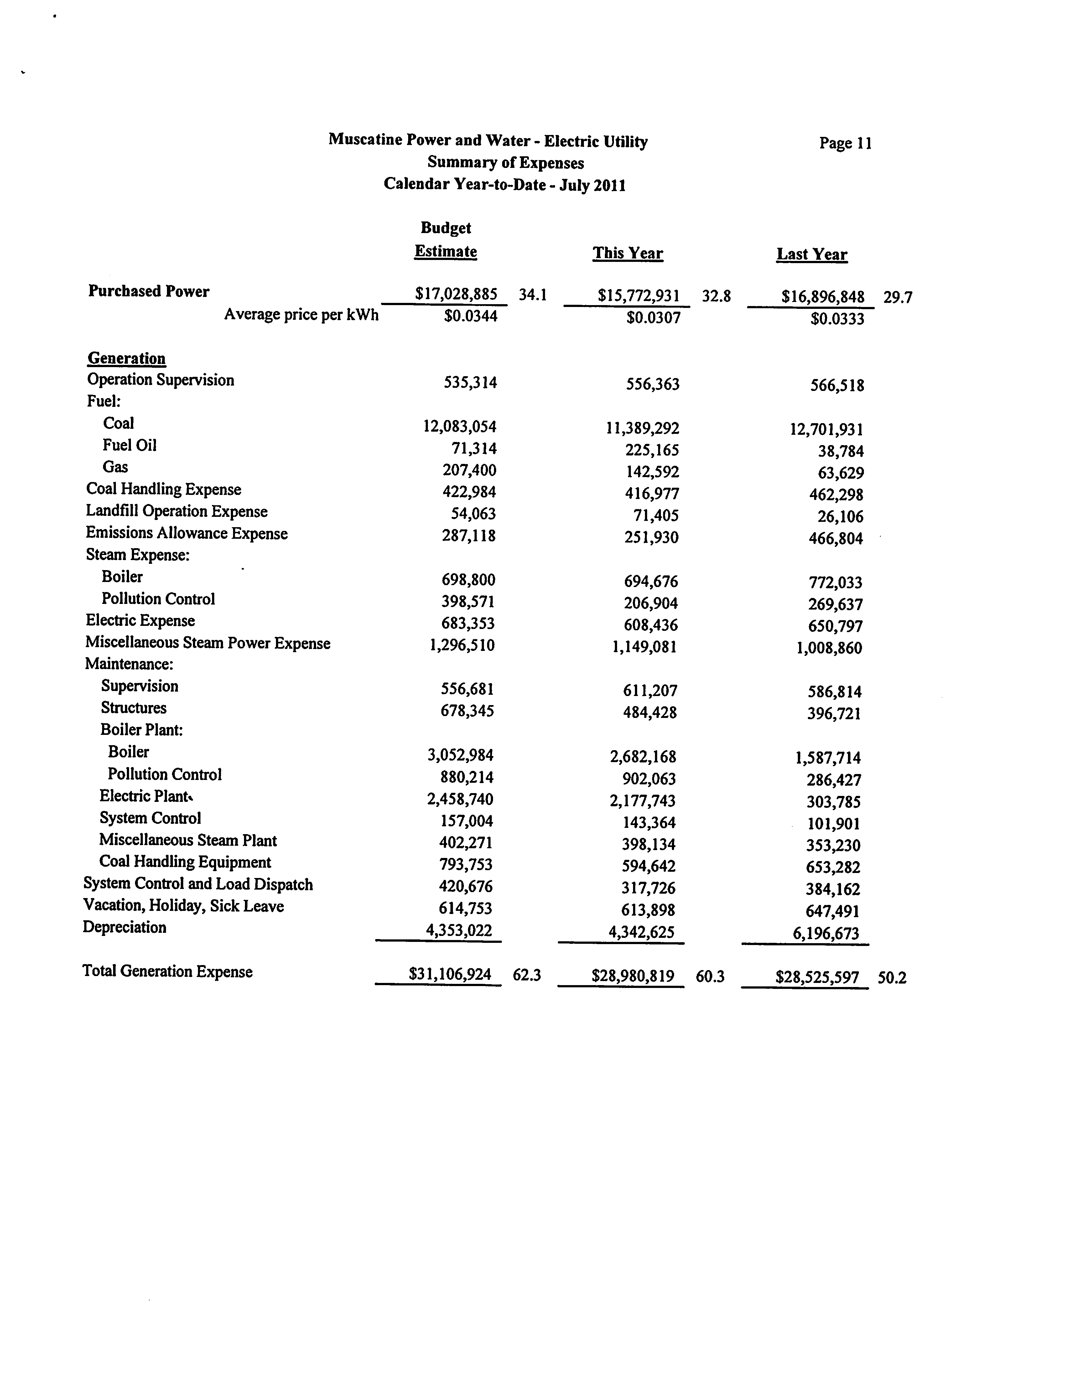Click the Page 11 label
[845, 143]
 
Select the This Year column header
[628, 254]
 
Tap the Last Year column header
[811, 255]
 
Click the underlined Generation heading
[127, 359]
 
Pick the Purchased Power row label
[149, 292]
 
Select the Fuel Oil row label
[129, 446]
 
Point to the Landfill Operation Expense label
[177, 512]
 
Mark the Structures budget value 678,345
[467, 711]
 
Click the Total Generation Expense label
[167, 972]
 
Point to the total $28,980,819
[633, 976]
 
